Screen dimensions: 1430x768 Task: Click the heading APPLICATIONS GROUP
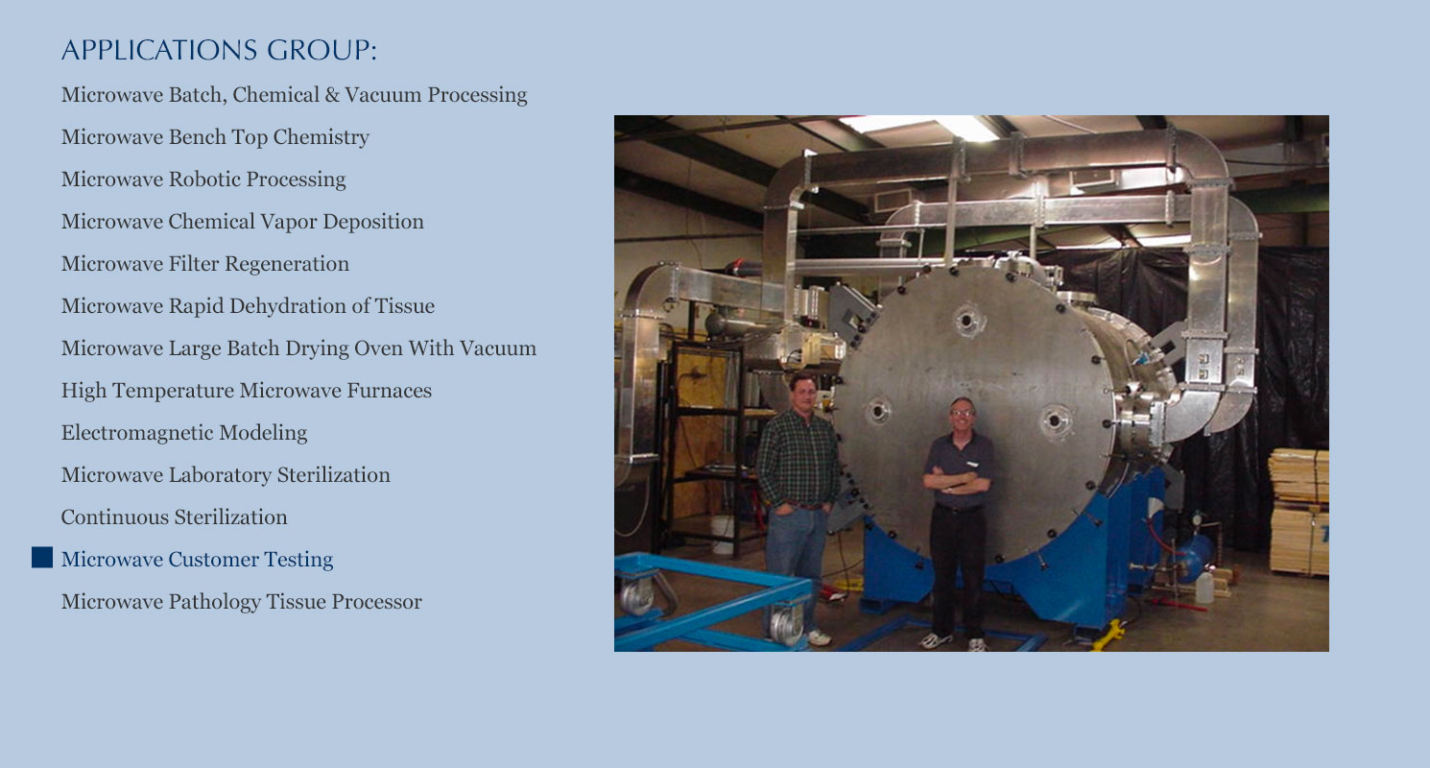click(219, 51)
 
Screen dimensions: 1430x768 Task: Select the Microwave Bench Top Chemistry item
click(215, 137)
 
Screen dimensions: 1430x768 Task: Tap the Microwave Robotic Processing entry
click(203, 180)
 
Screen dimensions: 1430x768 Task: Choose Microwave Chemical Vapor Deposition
click(243, 222)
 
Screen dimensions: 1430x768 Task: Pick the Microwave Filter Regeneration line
click(205, 264)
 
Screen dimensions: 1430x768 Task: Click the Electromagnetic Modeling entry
click(184, 433)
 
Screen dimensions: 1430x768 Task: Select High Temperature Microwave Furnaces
click(247, 391)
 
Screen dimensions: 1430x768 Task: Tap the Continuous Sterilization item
click(175, 517)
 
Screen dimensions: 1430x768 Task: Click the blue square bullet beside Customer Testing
click(42, 558)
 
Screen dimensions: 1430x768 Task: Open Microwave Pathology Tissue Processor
click(241, 602)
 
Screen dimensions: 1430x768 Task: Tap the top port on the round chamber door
click(967, 320)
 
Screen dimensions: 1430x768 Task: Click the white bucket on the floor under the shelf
click(722, 533)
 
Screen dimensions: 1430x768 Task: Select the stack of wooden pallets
click(1299, 512)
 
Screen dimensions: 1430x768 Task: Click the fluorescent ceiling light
click(919, 126)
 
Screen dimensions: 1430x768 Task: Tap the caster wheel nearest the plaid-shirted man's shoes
click(785, 624)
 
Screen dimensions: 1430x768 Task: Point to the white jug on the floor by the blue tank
click(1204, 588)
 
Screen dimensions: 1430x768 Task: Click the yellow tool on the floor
click(1108, 635)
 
